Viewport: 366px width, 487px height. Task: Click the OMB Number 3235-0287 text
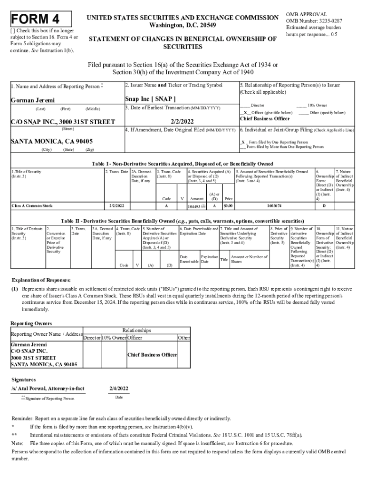tap(314, 21)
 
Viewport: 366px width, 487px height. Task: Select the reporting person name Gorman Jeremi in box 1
tap(33, 100)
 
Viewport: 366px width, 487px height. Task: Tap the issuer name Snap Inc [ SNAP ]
tap(150, 99)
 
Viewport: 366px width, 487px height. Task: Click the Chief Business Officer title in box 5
tap(265, 118)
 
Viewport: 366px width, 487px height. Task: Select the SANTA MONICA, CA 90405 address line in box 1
tap(52, 142)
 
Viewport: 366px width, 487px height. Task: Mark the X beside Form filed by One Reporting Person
tap(243, 142)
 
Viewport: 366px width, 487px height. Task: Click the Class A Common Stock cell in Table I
tap(32, 206)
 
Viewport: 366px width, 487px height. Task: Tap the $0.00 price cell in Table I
tap(228, 206)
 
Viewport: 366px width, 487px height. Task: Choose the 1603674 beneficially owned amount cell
tap(273, 206)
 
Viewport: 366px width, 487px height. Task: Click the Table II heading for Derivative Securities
tap(182, 221)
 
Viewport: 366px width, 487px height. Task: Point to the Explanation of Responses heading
tap(41, 280)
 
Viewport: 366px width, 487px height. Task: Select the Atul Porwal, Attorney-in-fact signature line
tap(48, 389)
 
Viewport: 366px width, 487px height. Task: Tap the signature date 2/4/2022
tap(119, 389)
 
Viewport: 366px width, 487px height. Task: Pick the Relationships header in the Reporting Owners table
tap(136, 330)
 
